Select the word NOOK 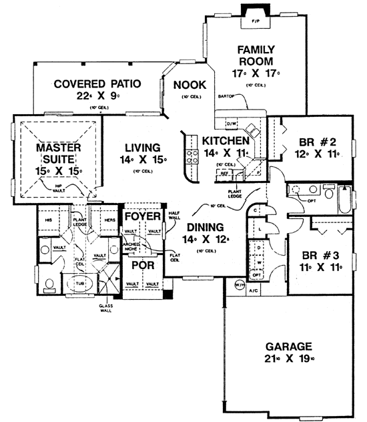click(x=190, y=85)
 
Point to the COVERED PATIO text click(x=97, y=84)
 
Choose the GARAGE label click(x=289, y=347)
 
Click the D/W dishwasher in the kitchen click(x=231, y=124)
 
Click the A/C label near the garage click(x=254, y=292)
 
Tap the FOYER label click(x=143, y=217)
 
